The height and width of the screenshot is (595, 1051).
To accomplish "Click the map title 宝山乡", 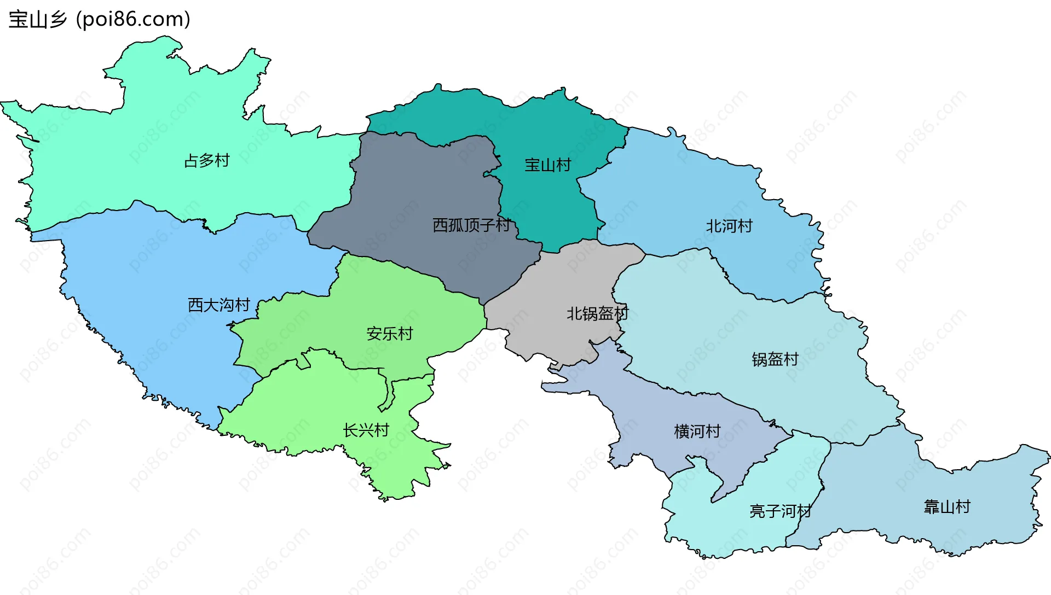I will click(x=37, y=20).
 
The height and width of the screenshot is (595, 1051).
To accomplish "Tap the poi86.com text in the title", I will click(x=133, y=20).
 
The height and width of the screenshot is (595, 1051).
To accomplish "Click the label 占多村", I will click(x=207, y=161).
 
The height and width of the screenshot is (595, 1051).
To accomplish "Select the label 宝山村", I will click(x=547, y=165).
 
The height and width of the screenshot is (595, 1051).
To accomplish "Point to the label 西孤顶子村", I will click(x=471, y=225).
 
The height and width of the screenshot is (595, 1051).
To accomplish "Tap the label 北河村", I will click(x=729, y=226).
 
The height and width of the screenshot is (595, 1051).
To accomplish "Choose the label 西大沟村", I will click(x=219, y=305).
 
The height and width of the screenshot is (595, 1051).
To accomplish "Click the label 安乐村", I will click(x=390, y=334).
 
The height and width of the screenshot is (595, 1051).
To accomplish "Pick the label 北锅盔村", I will click(x=597, y=314).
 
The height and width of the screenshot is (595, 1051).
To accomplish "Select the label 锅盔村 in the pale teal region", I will click(x=775, y=360).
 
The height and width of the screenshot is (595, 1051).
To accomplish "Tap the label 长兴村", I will click(x=366, y=431).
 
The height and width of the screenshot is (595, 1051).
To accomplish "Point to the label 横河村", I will click(x=697, y=432).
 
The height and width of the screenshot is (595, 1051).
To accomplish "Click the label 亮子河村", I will click(x=781, y=512).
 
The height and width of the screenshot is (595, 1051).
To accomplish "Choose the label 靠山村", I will click(x=947, y=507).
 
